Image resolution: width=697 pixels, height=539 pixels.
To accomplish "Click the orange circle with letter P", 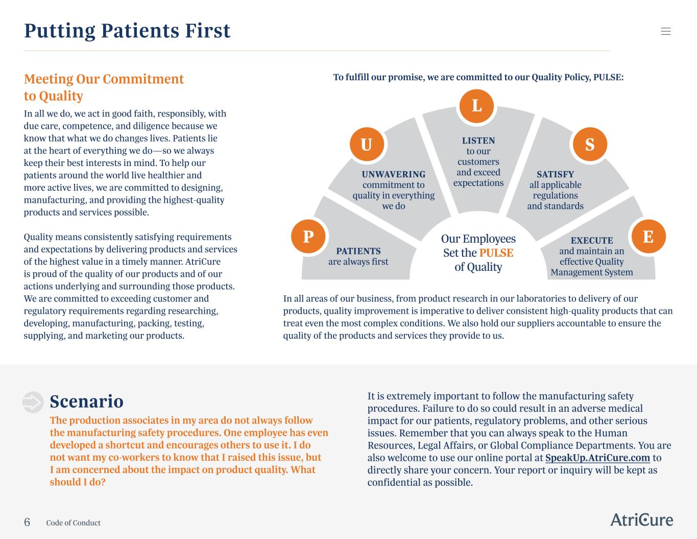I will [x=308, y=237].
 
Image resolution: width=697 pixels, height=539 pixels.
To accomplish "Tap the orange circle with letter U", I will [x=367, y=145].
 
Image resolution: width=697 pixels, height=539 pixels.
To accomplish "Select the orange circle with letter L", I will [x=476, y=106].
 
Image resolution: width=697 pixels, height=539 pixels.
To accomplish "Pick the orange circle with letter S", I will [x=590, y=145].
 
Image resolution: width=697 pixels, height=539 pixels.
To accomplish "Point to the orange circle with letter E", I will [x=648, y=237].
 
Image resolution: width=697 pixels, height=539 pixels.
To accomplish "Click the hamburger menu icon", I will [x=666, y=31].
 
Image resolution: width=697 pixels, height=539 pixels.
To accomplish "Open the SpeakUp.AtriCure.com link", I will [x=597, y=458].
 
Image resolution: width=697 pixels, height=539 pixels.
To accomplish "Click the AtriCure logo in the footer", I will [x=641, y=520].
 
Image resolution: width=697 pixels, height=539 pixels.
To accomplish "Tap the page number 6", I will [x=27, y=522].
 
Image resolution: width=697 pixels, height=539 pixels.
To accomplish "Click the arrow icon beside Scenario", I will [x=33, y=402].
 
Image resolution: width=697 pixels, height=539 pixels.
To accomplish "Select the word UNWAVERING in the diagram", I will [x=394, y=174].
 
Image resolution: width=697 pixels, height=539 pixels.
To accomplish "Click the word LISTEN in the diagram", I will [x=478, y=140].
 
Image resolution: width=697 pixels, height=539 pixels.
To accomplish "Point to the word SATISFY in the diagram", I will [x=555, y=174].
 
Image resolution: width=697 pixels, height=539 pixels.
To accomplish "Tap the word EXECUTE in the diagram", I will [x=592, y=240].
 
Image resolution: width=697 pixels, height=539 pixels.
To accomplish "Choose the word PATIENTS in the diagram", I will [x=358, y=251].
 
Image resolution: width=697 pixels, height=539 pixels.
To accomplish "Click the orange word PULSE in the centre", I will [x=496, y=253].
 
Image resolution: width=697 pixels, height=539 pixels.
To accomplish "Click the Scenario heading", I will [x=87, y=402].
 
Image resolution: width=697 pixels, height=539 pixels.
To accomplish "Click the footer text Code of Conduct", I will [x=73, y=523].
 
